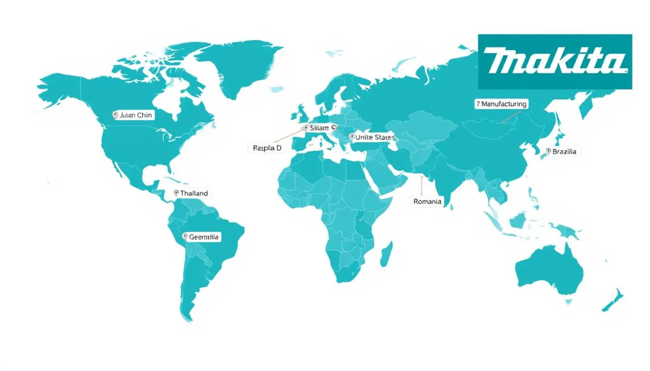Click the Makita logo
[555, 61]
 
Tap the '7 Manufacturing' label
[501, 104]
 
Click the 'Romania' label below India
[428, 201]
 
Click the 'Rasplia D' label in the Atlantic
[267, 148]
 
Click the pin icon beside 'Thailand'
[176, 193]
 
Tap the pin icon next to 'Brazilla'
[548, 151]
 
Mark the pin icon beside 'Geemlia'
[185, 237]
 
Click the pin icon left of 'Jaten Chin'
[115, 115]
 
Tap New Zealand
[613, 300]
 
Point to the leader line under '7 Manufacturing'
[510, 117]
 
